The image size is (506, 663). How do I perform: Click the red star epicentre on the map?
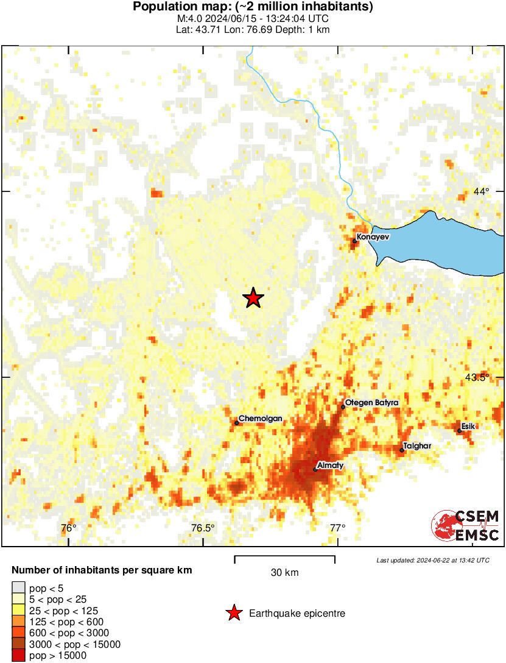coord(253,298)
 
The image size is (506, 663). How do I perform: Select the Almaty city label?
coord(331,466)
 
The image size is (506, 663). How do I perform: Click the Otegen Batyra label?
coord(371,403)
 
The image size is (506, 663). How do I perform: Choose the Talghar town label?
coord(417,446)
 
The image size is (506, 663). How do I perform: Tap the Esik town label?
coord(468,426)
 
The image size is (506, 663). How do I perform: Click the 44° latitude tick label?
coord(481,192)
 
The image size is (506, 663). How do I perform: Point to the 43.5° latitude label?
coord(477,377)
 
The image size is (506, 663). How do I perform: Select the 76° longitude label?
coord(69,528)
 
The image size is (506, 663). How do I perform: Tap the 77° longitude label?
coord(338,528)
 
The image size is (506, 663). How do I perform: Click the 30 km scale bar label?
coord(284,573)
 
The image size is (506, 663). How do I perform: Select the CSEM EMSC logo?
coord(466,526)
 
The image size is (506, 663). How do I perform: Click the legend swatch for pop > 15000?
coord(18,656)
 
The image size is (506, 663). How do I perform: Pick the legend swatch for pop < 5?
coord(18,589)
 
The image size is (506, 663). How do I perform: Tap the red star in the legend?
coord(233,614)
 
